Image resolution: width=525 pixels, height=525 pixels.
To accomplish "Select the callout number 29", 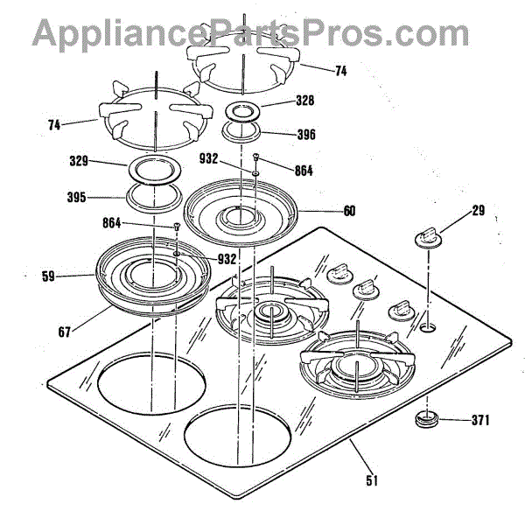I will click(477, 212).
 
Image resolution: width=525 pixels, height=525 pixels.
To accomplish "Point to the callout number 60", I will click(349, 211).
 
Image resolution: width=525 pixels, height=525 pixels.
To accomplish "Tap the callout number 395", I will click(77, 198).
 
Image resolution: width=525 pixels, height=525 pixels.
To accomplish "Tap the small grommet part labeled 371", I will click(428, 420).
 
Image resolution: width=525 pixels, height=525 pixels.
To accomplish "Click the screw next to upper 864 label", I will click(255, 158).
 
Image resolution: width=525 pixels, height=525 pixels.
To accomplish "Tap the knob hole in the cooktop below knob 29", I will click(427, 328).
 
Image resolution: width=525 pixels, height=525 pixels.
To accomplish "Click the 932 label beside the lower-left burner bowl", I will click(227, 260).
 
